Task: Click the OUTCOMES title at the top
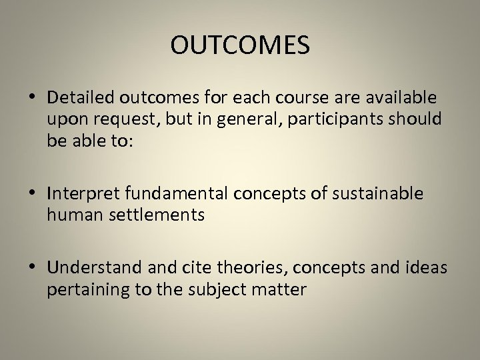pyautogui.click(x=240, y=45)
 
